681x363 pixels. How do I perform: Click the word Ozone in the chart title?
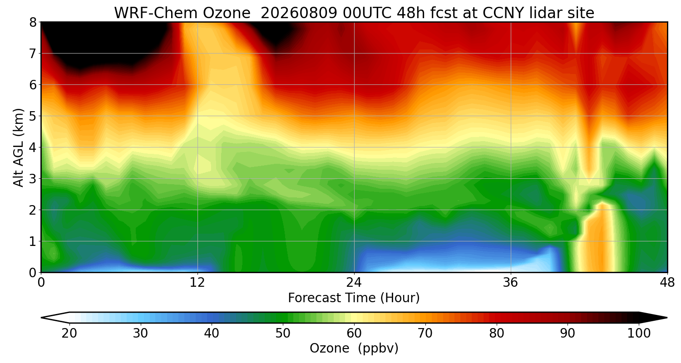(227, 13)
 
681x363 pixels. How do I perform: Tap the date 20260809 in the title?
(299, 13)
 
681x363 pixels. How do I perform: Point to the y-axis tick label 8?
(33, 23)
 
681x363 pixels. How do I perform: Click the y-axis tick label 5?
(33, 116)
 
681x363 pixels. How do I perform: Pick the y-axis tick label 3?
(33, 179)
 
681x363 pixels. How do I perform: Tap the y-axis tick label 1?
(33, 241)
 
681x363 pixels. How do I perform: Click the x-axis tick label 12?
(197, 283)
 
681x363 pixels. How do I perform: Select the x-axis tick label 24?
(354, 283)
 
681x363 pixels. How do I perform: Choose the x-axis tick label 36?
(510, 283)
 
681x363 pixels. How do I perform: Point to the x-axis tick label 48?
(667, 283)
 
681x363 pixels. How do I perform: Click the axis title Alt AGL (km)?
(18, 147)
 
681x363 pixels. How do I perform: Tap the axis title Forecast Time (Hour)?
(354, 298)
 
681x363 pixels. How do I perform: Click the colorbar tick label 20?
(69, 334)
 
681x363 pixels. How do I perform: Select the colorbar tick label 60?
(354, 334)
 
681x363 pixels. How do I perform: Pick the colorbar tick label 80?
(497, 334)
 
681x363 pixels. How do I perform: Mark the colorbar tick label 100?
(639, 334)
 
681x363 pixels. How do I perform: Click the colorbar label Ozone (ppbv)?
(354, 348)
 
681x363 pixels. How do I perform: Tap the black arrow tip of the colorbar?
(667, 318)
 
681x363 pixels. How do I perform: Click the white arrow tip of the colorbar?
(41, 318)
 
